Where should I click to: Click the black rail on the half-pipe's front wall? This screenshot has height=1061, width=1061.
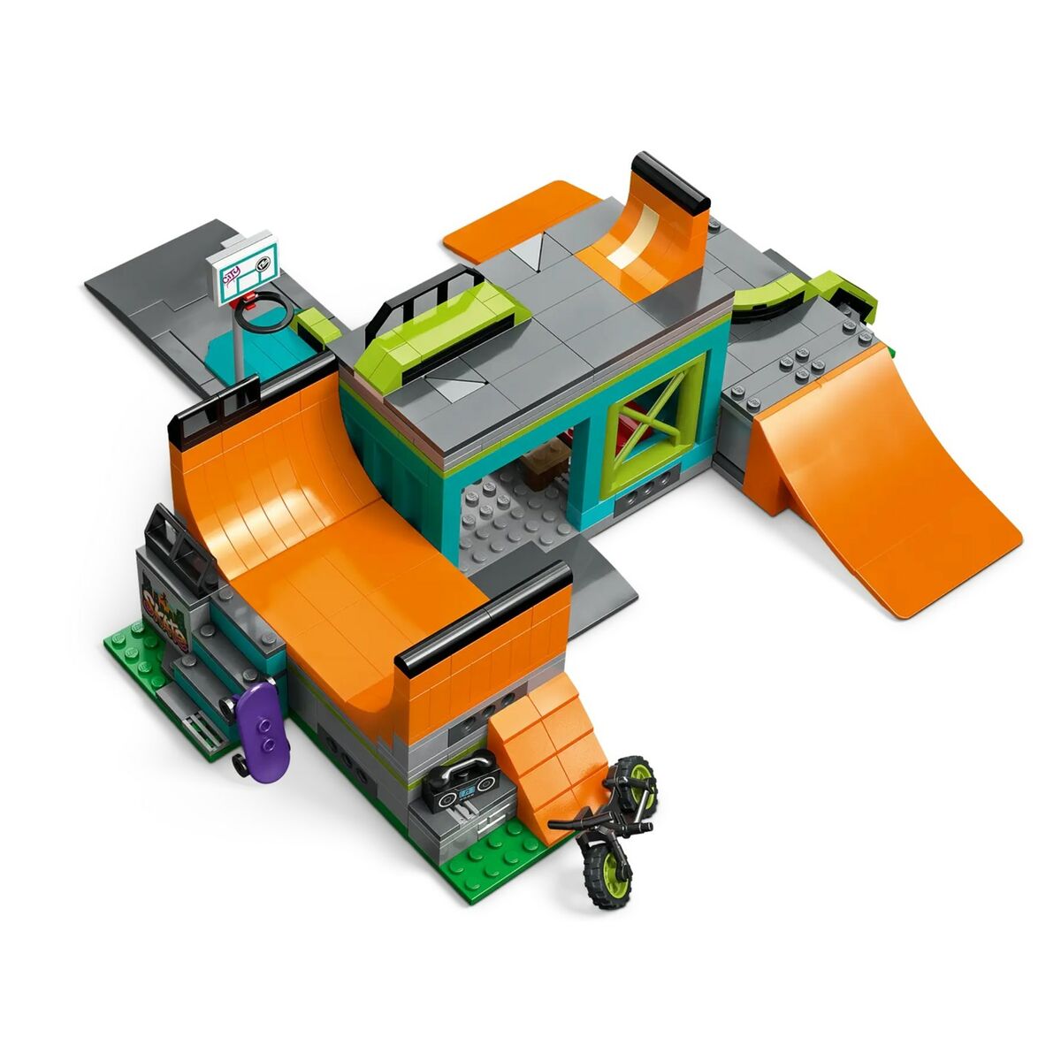tap(482, 614)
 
